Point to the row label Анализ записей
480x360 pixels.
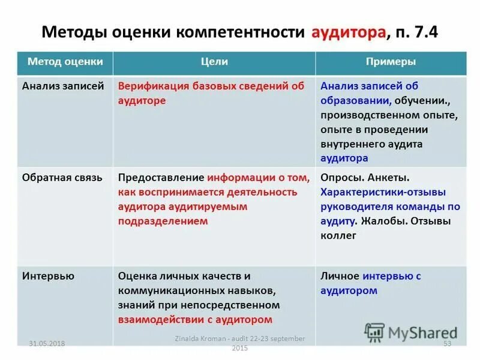pyautogui.click(x=55, y=86)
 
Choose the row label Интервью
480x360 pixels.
pyautogui.click(x=48, y=276)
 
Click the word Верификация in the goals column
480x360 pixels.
pyautogui.click(x=154, y=86)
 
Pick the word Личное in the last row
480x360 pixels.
pyautogui.click(x=339, y=276)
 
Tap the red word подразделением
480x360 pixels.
pyautogui.click(x=163, y=221)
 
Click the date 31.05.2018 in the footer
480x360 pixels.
pyautogui.click(x=47, y=343)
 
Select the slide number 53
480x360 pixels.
pyautogui.click(x=446, y=343)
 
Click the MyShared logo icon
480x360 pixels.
pyautogui.click(x=374, y=332)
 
